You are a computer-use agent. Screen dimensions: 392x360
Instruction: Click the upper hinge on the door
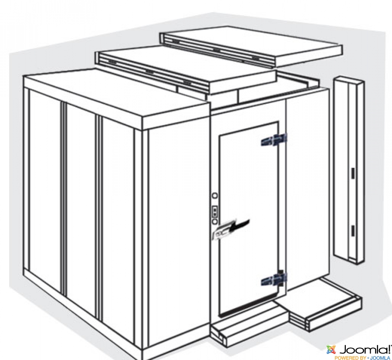tap(274, 140)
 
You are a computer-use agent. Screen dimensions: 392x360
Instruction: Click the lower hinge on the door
tap(274, 278)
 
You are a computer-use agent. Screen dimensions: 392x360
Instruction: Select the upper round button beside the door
tap(214, 196)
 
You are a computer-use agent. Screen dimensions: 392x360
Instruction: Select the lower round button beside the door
tap(214, 221)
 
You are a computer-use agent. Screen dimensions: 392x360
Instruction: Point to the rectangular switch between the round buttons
tap(214, 211)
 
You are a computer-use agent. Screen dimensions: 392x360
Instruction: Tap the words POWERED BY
tap(350, 357)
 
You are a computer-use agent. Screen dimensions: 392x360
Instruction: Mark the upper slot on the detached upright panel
tap(353, 173)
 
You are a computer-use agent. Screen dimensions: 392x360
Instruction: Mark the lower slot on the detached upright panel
tap(353, 231)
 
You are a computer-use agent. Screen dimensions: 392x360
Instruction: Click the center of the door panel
tap(249, 217)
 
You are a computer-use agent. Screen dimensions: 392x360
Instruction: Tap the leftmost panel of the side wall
tap(45, 190)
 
